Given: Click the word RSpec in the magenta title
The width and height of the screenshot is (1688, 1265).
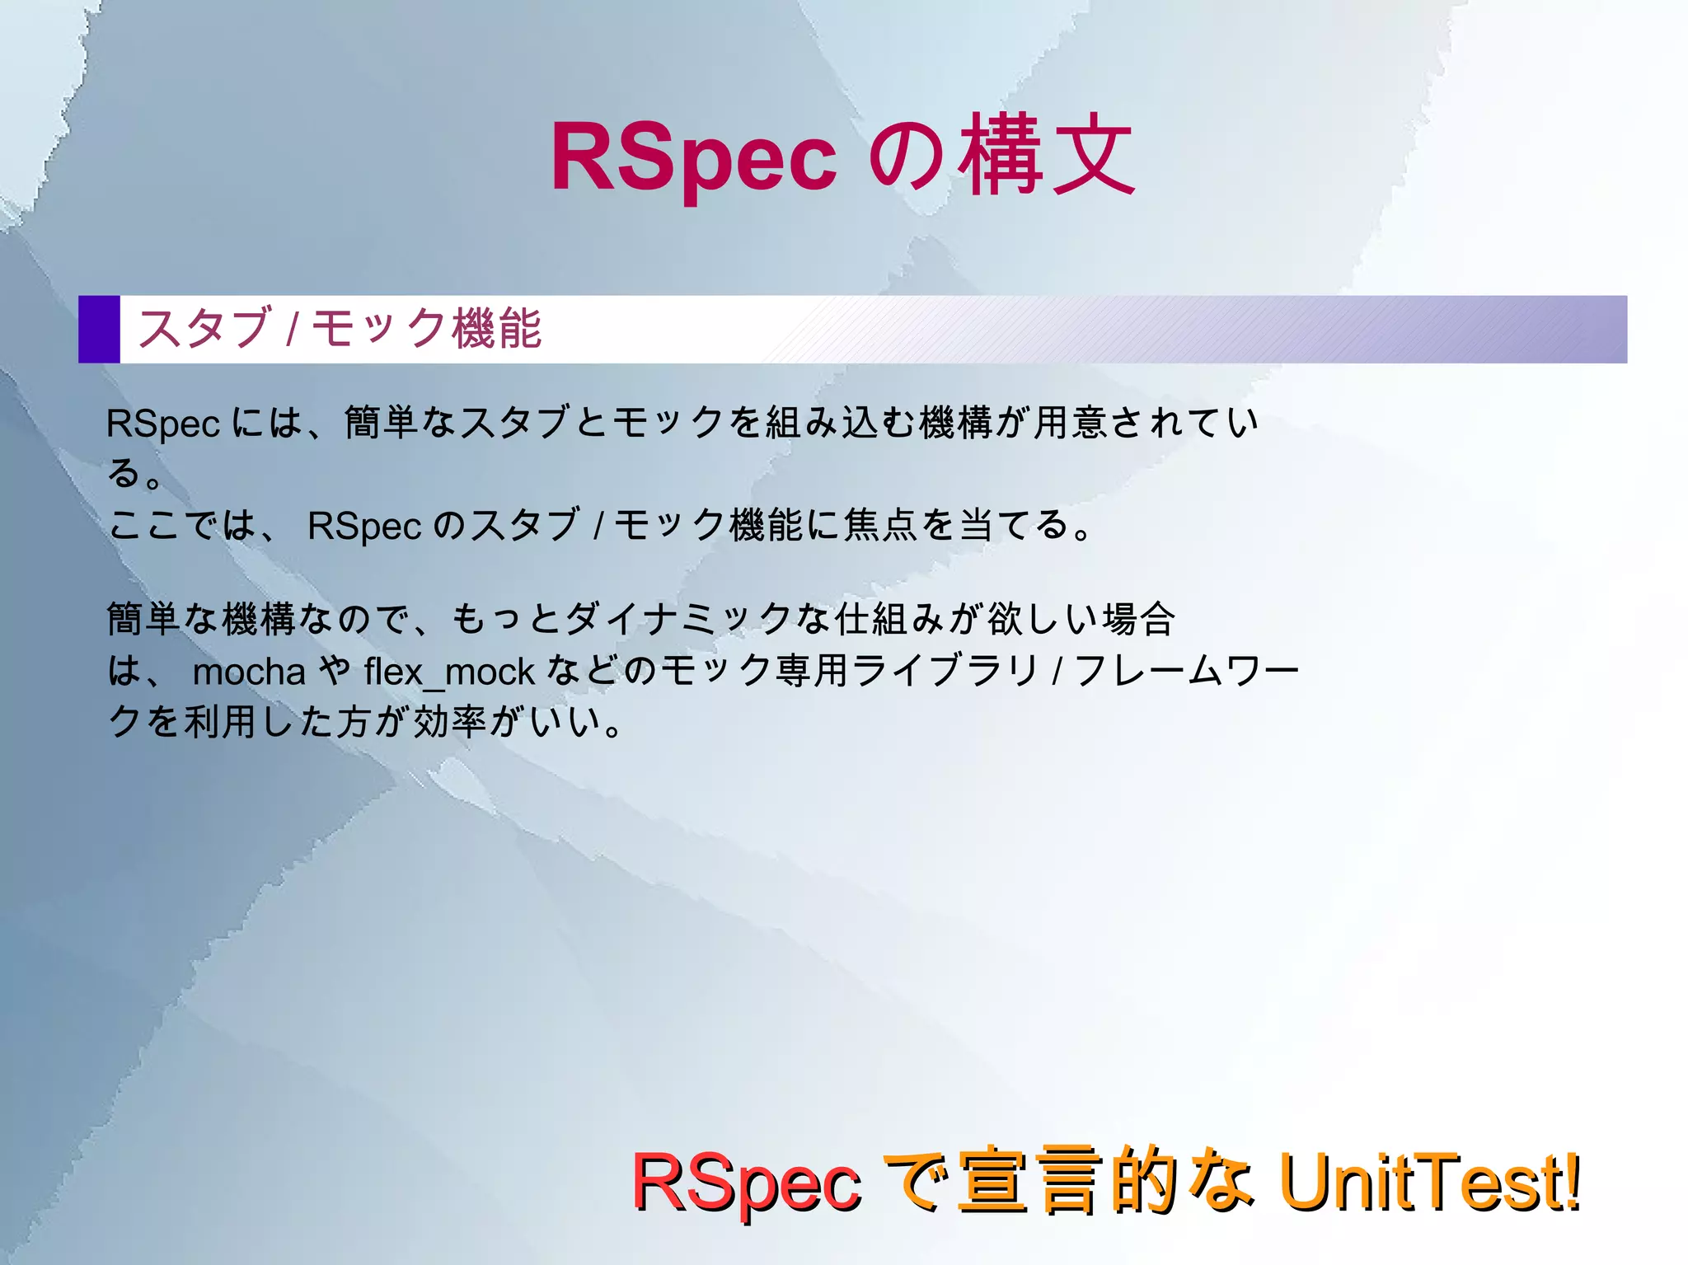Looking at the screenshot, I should (x=692, y=157).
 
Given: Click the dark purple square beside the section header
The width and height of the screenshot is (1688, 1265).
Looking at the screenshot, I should (x=99, y=329).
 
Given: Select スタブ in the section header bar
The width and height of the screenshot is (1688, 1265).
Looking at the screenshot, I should (x=204, y=328).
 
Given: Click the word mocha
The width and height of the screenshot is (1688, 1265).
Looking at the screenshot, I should (x=249, y=672).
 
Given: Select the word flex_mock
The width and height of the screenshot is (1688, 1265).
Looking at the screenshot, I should (x=449, y=672).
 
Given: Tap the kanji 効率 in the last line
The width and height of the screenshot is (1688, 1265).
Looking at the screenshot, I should (x=449, y=722).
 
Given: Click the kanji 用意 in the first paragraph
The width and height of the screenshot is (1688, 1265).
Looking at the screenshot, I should (x=1071, y=423).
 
